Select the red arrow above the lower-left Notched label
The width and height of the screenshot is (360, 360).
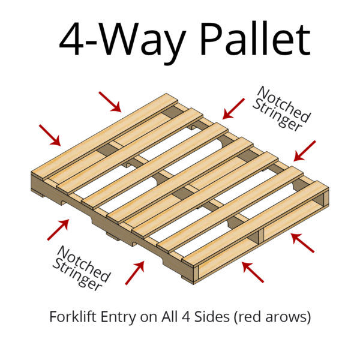(58, 230)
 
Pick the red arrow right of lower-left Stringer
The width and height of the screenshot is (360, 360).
(134, 273)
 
